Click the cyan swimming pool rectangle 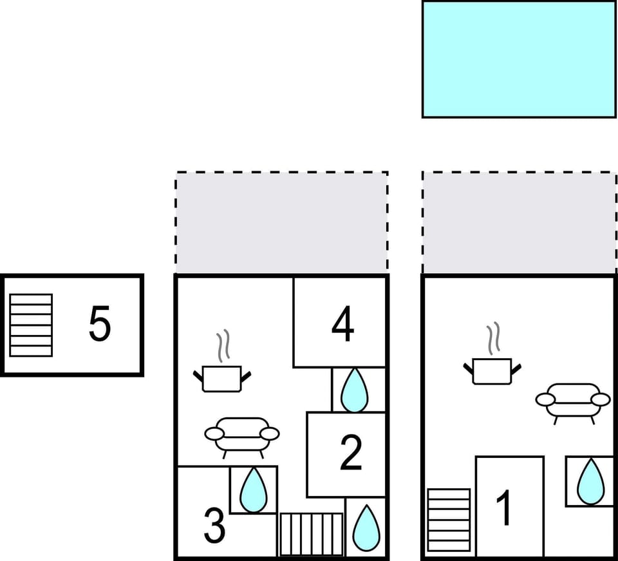point(519,59)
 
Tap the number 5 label point(100,324)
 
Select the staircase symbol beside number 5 point(31,325)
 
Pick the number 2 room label point(351,453)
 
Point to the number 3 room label point(214,526)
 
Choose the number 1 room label point(506,508)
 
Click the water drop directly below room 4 point(353,391)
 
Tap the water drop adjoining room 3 point(254,490)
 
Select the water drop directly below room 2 point(366,527)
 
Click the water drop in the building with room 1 point(590,482)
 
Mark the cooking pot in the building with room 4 point(222,377)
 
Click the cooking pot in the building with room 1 point(492,371)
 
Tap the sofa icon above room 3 point(242,435)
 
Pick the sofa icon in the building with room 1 point(573,401)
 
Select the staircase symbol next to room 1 point(449,520)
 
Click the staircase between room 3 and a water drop point(312,534)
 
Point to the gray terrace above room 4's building point(281,223)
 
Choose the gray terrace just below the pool point(519,223)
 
